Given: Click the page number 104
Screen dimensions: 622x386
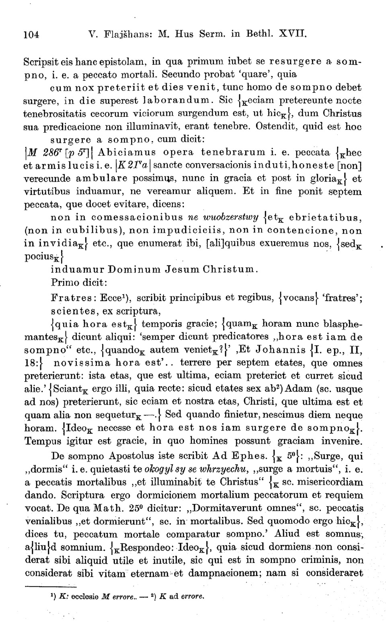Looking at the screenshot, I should [32, 35].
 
